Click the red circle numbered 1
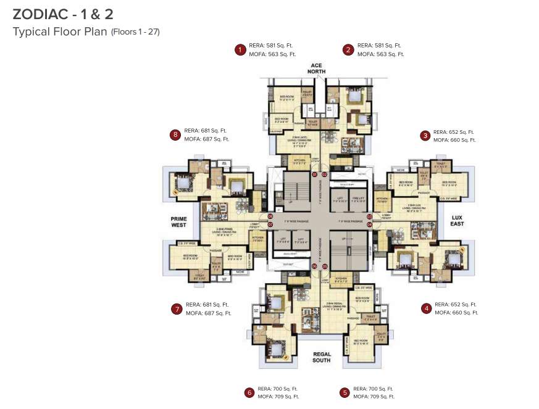click(239, 50)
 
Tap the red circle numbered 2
click(348, 50)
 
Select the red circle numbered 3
click(425, 136)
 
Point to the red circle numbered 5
click(344, 392)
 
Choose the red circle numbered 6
click(249, 392)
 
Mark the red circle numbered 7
click(177, 308)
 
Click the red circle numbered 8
click(175, 134)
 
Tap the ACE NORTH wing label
click(317, 68)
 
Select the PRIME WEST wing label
click(178, 221)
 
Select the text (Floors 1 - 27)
click(135, 32)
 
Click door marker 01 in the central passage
click(314, 175)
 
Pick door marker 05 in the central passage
click(324, 266)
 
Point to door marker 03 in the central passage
click(369, 217)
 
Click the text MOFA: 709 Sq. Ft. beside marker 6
click(278, 397)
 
